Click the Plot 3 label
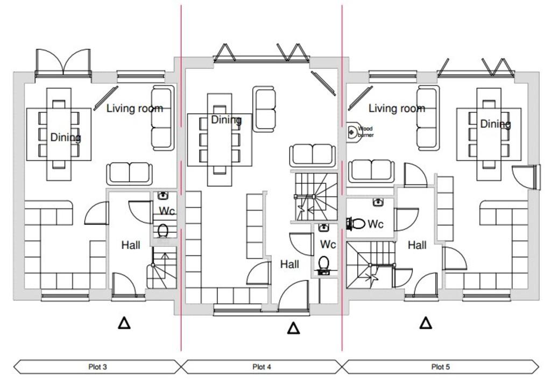(x=97, y=367)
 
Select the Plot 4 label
(x=262, y=367)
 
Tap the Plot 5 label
(x=440, y=367)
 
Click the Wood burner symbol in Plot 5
(x=353, y=132)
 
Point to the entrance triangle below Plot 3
(x=124, y=323)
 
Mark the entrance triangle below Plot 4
(x=293, y=328)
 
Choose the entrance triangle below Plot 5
(x=426, y=323)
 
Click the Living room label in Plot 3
(x=135, y=108)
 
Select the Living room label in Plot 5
(x=397, y=108)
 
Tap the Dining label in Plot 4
(x=227, y=120)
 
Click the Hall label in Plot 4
(x=289, y=264)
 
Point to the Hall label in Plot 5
(x=417, y=245)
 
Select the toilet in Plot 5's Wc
(x=356, y=223)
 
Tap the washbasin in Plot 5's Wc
(x=378, y=202)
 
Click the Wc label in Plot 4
(x=328, y=244)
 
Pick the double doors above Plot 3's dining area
(x=63, y=63)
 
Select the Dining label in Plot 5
(x=496, y=124)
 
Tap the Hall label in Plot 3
(x=131, y=245)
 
